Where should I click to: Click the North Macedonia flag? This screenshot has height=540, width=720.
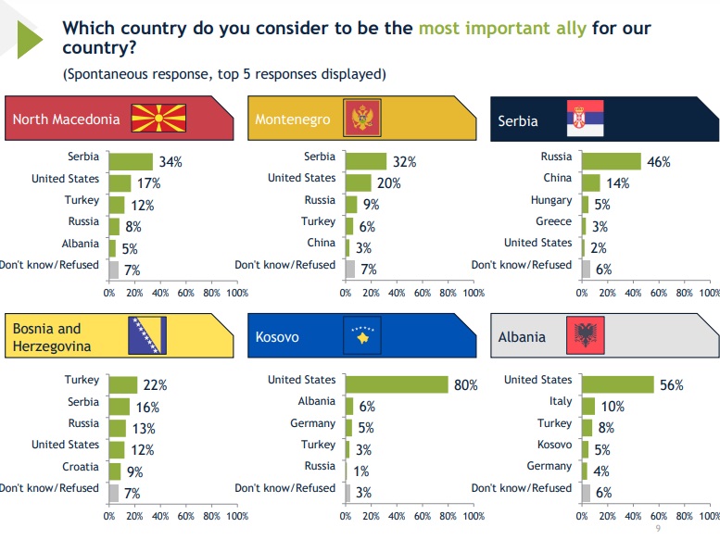[x=158, y=119]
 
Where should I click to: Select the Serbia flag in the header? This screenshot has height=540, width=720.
[x=585, y=119]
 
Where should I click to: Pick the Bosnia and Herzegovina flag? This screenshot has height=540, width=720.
[x=146, y=335]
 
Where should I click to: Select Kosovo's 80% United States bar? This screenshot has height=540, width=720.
[x=397, y=383]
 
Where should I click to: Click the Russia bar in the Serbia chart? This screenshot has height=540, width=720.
[x=611, y=161]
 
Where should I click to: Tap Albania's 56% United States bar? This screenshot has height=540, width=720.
[x=617, y=383]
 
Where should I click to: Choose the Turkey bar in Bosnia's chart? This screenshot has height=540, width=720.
[x=123, y=384]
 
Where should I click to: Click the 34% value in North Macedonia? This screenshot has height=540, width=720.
[x=170, y=162]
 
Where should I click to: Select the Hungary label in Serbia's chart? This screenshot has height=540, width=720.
[x=551, y=200]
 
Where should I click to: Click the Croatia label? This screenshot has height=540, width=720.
[x=81, y=467]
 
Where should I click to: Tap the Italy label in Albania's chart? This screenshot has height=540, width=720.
[x=560, y=401]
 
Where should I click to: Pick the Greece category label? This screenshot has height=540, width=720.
[x=553, y=221]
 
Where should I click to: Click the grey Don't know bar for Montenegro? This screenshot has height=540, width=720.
[x=349, y=269]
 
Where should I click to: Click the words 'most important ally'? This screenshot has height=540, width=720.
[x=502, y=28]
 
